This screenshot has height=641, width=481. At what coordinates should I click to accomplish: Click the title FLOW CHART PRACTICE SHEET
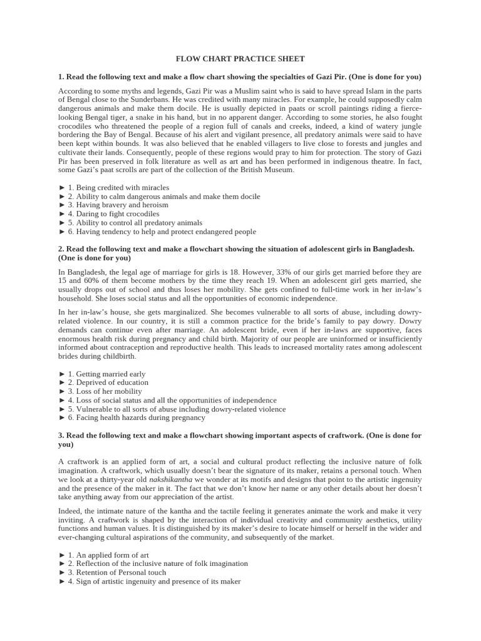pyautogui.click(x=240, y=59)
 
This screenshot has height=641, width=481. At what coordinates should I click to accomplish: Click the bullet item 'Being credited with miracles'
pyautogui.click(x=118, y=187)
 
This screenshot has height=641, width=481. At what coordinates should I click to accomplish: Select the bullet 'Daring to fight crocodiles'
pyautogui.click(x=113, y=213)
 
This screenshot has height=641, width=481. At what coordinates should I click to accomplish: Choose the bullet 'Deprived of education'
pyautogui.click(x=108, y=382)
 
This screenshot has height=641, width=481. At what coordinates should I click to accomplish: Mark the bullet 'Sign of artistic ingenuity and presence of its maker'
pyautogui.click(x=154, y=581)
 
